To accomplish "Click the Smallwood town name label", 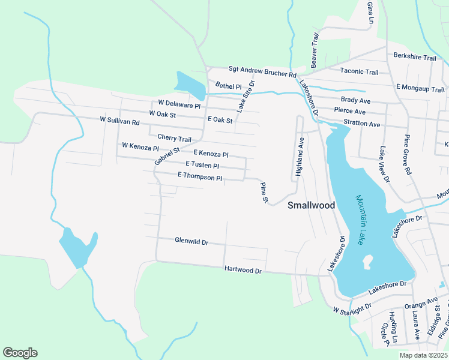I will (311, 205).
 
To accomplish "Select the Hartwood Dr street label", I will (243, 271).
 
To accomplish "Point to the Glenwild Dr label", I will (191, 242).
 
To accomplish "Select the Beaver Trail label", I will (313, 50).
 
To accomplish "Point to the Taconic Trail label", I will (359, 72).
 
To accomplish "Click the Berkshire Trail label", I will (414, 57).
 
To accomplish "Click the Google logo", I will (20, 353).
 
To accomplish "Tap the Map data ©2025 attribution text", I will (423, 355).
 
